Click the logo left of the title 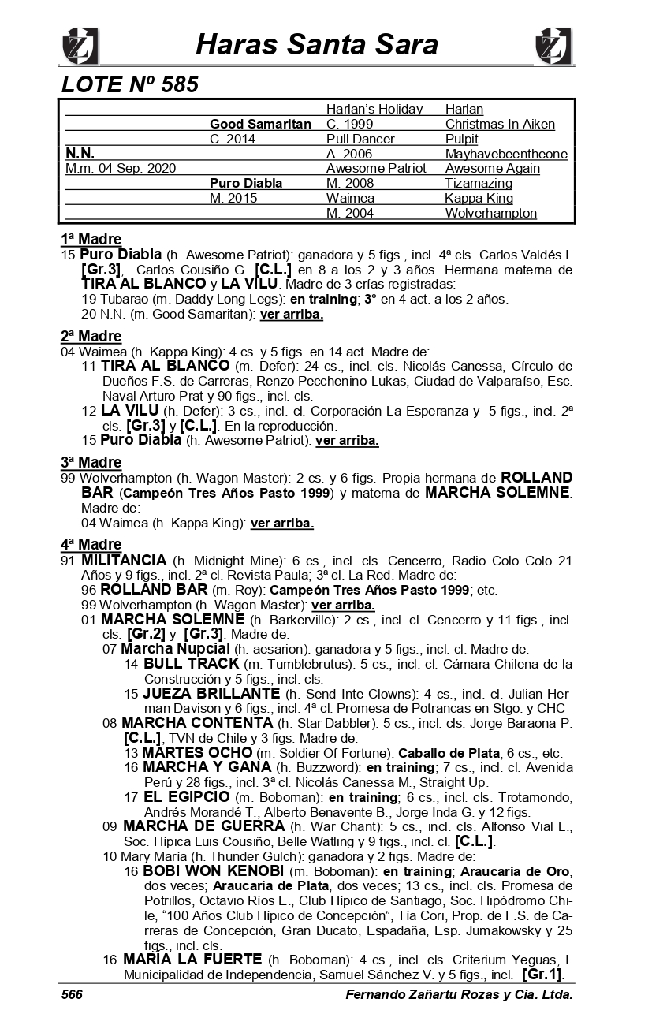click(80, 46)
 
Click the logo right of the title click(553, 46)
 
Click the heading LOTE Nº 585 click(130, 84)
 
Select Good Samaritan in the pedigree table click(260, 124)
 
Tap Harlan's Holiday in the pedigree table click(374, 109)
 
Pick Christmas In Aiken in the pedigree click(500, 124)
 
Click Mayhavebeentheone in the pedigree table click(506, 154)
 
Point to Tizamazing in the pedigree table click(479, 183)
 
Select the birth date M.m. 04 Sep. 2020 click(121, 168)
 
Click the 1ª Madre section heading click(91, 240)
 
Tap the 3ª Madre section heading click(91, 462)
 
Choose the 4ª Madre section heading click(91, 544)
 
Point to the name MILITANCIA click(124, 560)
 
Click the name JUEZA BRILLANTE click(211, 693)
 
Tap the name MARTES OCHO click(196, 752)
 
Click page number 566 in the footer click(73, 995)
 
